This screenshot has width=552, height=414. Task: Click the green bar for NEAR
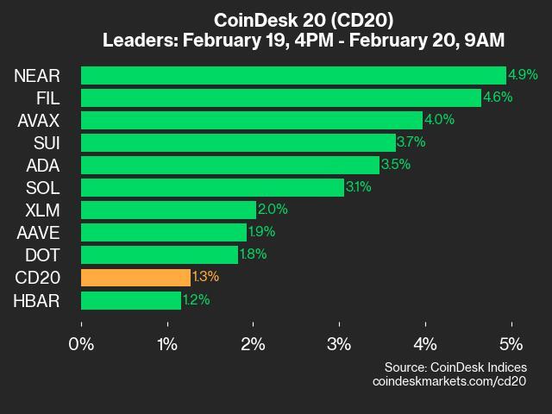click(293, 75)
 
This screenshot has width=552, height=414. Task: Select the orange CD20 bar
click(135, 277)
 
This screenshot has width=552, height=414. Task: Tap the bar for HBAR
click(131, 299)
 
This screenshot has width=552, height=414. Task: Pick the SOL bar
click(212, 187)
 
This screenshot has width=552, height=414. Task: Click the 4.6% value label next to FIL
click(497, 97)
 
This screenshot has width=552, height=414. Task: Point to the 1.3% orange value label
click(205, 277)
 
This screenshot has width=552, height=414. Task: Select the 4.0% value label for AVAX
click(440, 120)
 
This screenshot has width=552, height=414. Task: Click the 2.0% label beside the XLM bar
click(272, 210)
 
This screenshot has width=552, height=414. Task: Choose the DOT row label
click(41, 254)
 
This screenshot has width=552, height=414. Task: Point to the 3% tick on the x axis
click(339, 344)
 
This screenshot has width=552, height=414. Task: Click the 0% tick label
click(82, 344)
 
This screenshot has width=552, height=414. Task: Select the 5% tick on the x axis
click(511, 344)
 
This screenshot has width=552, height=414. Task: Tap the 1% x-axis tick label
click(167, 344)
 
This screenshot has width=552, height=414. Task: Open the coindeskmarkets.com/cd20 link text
click(448, 381)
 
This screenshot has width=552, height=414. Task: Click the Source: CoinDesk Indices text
click(455, 367)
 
